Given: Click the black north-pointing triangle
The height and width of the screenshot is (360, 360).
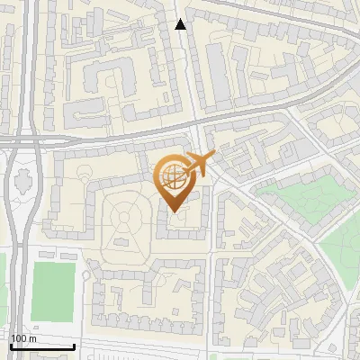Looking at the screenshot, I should click(181, 24).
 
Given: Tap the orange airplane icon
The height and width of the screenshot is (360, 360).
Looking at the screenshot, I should click(197, 164).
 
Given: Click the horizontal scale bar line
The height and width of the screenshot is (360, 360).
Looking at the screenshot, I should click(41, 346).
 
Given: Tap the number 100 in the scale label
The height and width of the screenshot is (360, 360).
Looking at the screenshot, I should click(18, 338).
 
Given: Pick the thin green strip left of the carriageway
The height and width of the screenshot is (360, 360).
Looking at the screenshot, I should click(2, 279).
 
